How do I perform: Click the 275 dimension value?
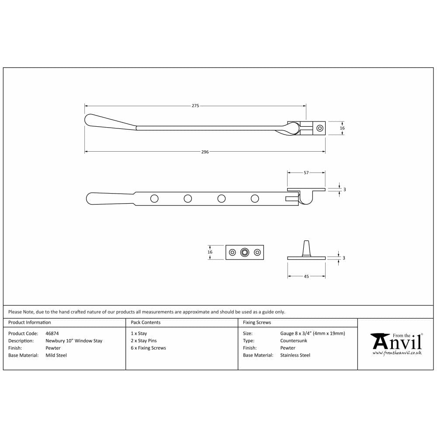point(195,106)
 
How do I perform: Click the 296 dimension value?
point(205,152)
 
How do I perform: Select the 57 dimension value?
point(306,173)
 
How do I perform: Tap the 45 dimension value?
point(306,276)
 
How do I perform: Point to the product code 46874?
point(52,333)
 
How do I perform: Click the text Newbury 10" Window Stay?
point(74,341)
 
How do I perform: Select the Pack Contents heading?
point(146,323)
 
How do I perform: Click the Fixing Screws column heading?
point(257,323)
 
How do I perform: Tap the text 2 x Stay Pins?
point(143,341)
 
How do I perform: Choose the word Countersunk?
point(294,341)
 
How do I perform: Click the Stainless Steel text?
point(295,355)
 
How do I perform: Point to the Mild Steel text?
point(56,355)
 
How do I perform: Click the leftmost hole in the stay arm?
point(154,199)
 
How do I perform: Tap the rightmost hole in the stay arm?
point(255,199)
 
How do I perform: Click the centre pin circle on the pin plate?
point(245,252)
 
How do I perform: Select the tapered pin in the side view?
point(306,248)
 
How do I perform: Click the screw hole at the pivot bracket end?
point(320,128)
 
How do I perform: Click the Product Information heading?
point(30,323)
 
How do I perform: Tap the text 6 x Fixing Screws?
point(148,348)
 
